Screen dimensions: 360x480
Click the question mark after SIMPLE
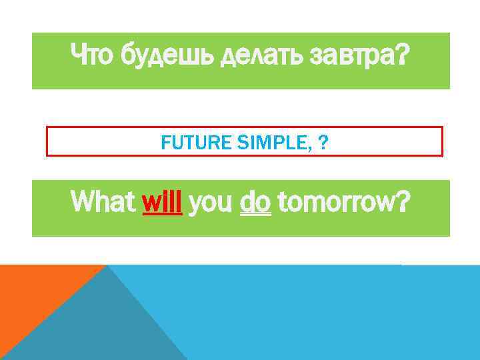(x=323, y=142)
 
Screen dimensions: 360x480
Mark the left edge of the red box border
(x=47, y=141)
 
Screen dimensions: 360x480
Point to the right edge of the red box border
(x=443, y=141)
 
